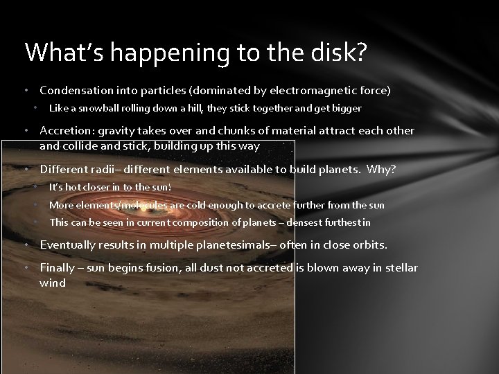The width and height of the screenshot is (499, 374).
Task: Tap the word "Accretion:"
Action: click(x=67, y=131)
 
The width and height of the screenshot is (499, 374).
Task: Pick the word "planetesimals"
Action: click(x=240, y=245)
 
